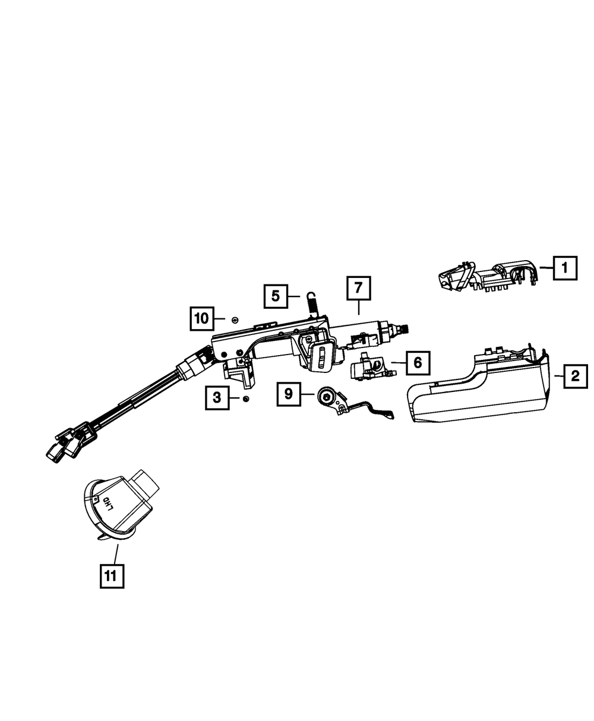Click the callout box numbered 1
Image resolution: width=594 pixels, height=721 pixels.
[565, 268]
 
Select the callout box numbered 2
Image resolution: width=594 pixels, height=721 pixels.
[574, 376]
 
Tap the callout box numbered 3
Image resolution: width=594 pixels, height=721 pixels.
[217, 397]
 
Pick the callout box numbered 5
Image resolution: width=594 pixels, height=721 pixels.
[276, 295]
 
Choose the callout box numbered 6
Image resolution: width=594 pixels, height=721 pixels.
[418, 362]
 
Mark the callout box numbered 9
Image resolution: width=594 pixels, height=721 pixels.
[289, 393]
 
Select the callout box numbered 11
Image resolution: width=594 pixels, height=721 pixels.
[112, 574]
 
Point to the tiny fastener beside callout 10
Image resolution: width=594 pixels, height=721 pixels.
[235, 320]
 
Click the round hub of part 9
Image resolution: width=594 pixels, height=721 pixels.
[326, 397]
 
